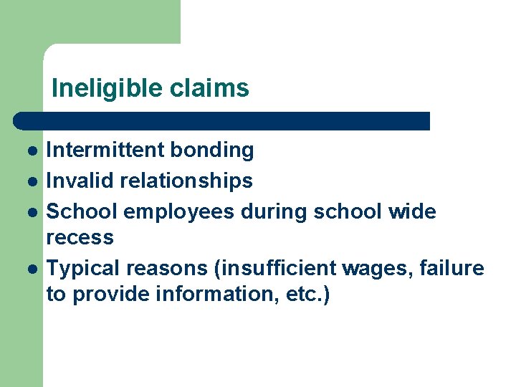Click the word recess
(80, 237)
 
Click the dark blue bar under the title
(222, 120)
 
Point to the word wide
(413, 211)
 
